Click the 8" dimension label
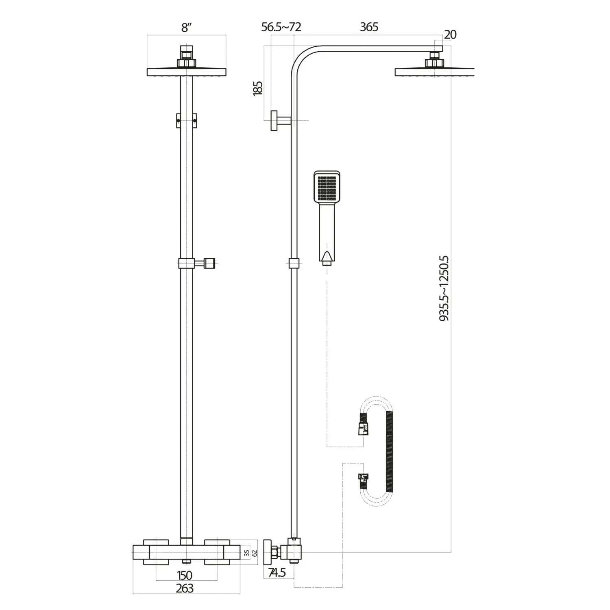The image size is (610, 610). pos(186,28)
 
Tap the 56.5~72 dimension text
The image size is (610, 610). pos(281,27)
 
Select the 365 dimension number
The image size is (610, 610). pos(369,27)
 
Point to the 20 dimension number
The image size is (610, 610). pos(450,35)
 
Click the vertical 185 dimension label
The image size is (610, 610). pos(258,88)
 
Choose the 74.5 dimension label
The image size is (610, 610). pos(277,573)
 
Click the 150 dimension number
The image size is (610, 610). pos(185,575)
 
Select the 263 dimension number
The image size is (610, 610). pos(185,588)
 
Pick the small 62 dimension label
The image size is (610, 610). pos(255,553)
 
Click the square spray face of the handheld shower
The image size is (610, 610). pos(327,187)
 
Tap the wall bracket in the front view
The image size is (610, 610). pos(186,121)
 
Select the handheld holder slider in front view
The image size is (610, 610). pos(188,264)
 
